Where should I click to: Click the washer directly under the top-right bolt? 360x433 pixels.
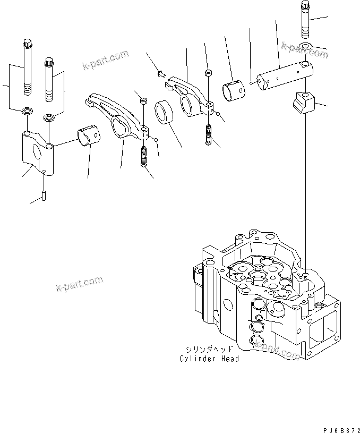(x=306, y=46)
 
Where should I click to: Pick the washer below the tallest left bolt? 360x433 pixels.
(x=26, y=112)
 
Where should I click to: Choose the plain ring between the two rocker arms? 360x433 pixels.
(x=165, y=113)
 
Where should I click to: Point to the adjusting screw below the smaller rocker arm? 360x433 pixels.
(x=209, y=134)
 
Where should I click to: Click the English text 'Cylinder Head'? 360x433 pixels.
(x=209, y=359)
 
